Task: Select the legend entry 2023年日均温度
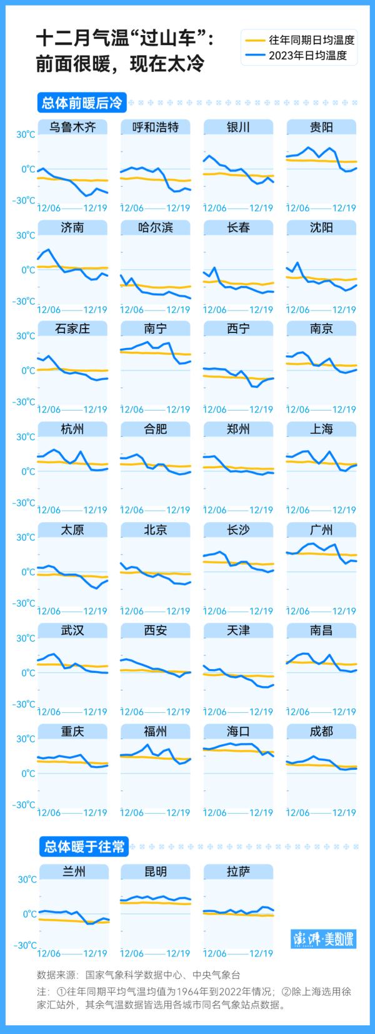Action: point(312,56)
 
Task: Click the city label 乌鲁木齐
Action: point(72,127)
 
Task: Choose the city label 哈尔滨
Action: point(156,228)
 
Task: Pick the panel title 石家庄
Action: point(72,329)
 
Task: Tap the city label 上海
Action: point(321,429)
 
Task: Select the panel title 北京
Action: point(156,530)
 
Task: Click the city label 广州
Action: point(321,530)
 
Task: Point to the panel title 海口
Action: point(239,731)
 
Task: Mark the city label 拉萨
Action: point(239,871)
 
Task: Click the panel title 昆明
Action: point(156,871)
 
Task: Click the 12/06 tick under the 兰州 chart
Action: point(49,953)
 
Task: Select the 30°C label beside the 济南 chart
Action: point(26,235)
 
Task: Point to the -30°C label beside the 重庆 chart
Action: point(24,805)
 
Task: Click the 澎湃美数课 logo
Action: point(324,939)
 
